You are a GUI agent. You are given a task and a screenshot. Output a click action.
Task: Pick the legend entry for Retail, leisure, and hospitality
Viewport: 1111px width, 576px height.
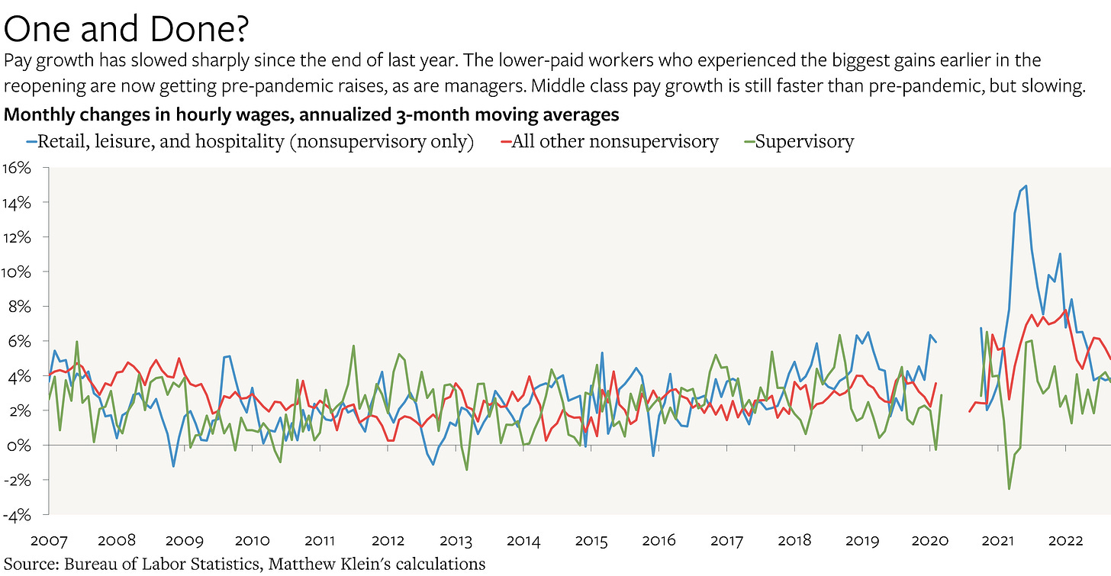click(255, 141)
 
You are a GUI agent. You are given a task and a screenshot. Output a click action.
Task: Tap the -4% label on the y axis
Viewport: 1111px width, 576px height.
click(16, 515)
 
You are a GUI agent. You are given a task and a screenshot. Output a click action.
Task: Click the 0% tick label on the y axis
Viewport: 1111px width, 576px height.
click(18, 446)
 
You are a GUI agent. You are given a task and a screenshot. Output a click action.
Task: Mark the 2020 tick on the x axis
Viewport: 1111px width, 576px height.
click(929, 541)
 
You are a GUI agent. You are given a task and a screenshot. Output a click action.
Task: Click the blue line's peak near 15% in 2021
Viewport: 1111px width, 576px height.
click(1025, 185)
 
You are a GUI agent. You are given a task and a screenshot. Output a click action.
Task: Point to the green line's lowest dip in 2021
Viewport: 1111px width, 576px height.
click(1009, 488)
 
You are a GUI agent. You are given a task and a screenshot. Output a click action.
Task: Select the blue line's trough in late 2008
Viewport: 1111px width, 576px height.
click(173, 466)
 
